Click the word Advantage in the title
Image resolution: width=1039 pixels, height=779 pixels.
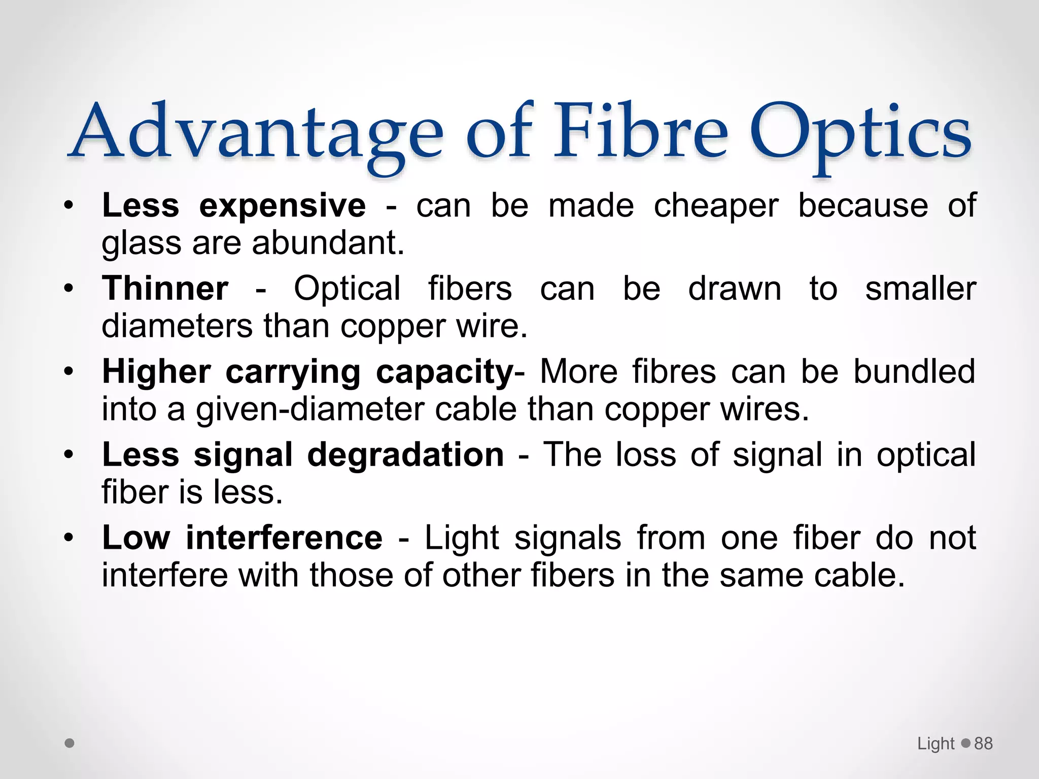pos(256,133)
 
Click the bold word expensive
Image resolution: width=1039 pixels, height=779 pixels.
pos(282,207)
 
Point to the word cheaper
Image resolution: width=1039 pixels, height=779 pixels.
pos(715,207)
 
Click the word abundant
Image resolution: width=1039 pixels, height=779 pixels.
pos(328,243)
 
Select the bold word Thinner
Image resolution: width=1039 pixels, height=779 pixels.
pos(165,289)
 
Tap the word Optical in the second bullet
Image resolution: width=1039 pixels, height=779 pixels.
pos(348,289)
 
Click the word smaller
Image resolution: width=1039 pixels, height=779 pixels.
pos(920,289)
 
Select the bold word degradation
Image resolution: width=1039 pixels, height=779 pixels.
pos(405,454)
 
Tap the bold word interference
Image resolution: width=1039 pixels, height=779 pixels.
pos(284,538)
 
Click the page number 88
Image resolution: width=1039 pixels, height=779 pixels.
pos(983,743)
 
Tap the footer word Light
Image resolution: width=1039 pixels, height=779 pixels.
pos(936,743)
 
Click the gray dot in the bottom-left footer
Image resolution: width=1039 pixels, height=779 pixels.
pos(70,743)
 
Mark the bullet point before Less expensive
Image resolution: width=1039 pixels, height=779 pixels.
pos(69,206)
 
